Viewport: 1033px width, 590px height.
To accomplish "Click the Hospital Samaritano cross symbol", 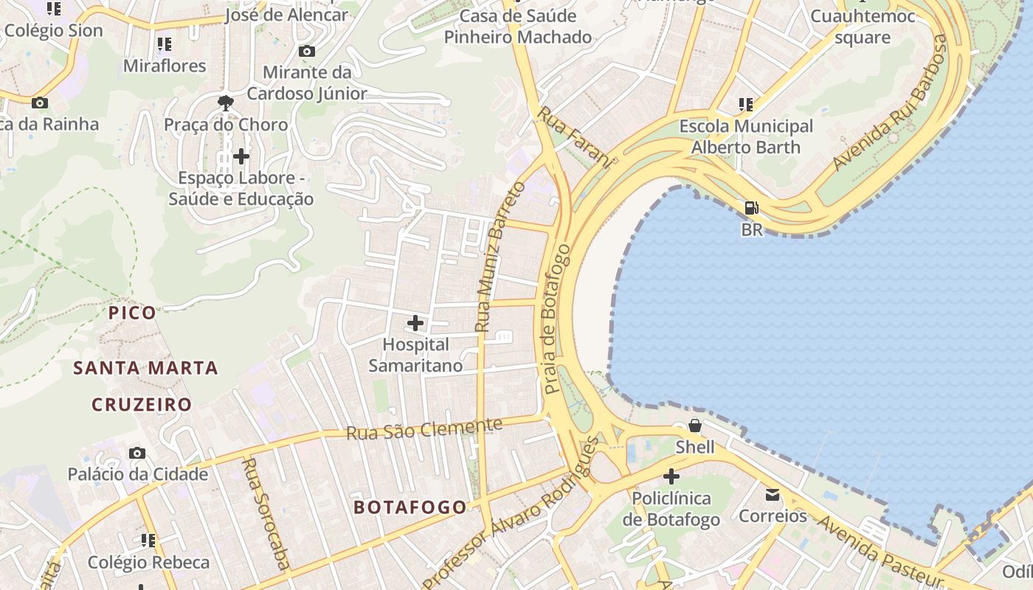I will pos(415,323).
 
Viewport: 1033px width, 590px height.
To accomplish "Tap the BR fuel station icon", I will pos(751,208).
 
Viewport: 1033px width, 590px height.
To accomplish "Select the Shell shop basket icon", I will pos(694,426).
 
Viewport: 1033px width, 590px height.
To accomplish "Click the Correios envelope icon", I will pos(773,494).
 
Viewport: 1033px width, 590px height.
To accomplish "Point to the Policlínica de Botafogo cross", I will pos(671,476).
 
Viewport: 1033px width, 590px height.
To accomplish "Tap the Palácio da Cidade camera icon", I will pos(137,453).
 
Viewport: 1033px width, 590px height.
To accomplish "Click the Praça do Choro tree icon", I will pos(226,103).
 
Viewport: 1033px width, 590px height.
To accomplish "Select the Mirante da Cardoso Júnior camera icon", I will pos(306,51).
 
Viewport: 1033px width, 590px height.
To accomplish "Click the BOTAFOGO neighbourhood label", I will pos(410,507).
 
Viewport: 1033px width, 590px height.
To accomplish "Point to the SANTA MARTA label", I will pos(145,367).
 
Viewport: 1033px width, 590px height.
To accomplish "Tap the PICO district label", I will pos(133,313).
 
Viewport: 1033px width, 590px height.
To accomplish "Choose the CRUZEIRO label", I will pos(142,404).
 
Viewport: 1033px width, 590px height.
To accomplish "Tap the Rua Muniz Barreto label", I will pos(500,256).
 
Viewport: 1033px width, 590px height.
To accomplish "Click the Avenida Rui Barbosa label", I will pos(890,103).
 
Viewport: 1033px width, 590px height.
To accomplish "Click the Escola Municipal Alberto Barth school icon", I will pos(746,105).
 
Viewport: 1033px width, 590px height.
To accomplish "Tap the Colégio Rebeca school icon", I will pos(148,541).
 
